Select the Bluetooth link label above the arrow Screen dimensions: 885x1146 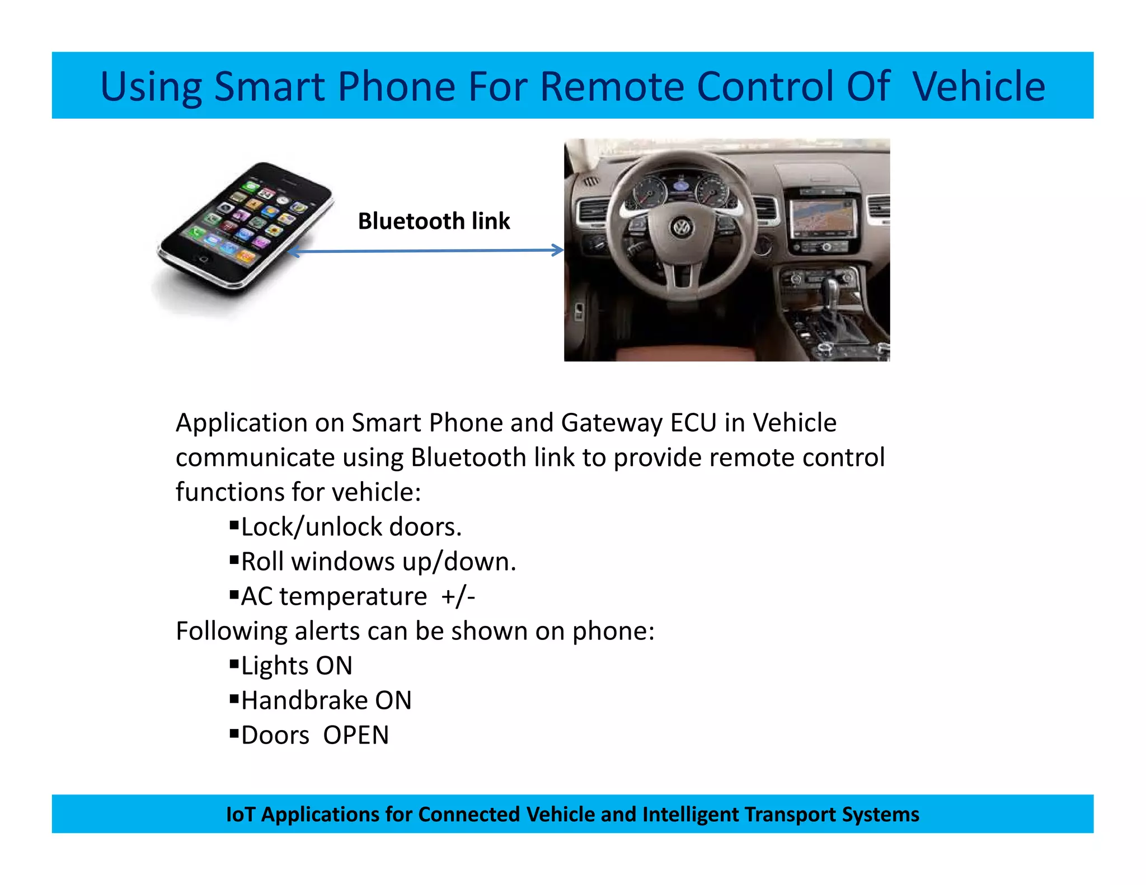[x=434, y=221]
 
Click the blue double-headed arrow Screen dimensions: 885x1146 [x=425, y=251]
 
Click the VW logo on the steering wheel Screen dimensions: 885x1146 [x=682, y=228]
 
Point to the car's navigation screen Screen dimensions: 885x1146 [x=823, y=218]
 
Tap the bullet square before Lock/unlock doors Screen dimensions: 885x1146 [x=234, y=525]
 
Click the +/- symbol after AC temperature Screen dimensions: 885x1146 [x=458, y=596]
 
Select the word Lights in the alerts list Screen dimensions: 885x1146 [x=274, y=666]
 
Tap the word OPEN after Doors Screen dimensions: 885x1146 [x=356, y=735]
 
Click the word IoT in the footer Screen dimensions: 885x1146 [x=240, y=815]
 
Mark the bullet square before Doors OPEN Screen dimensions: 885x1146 [x=234, y=733]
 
